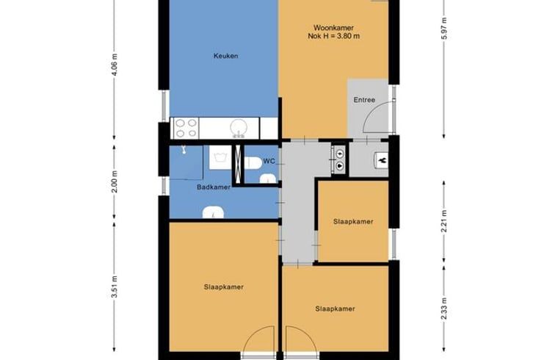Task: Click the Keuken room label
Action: pos(225,56)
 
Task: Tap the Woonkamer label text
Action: pos(333,28)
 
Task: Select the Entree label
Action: pos(364,100)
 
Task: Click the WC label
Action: pos(269,162)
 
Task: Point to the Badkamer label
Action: pos(214,187)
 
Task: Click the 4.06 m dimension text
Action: pos(115,65)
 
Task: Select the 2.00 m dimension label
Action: pos(115,181)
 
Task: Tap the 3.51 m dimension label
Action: pos(115,287)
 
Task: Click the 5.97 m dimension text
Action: pos(443,29)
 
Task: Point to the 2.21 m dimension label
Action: pos(443,221)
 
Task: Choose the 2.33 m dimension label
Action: pos(443,309)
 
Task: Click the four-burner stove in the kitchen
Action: pos(186,128)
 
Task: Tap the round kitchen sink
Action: pos(239,128)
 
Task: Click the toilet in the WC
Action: pos(253,162)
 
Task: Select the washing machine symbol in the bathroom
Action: pos(220,157)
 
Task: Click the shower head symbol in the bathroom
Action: pos(184,150)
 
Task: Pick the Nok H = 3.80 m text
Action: pos(333,36)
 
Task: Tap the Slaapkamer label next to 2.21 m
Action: pos(353,221)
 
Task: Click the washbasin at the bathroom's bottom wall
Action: pos(213,213)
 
